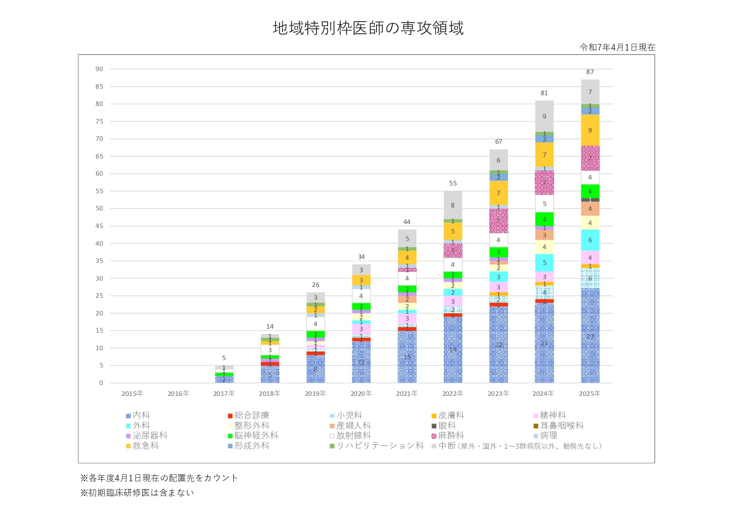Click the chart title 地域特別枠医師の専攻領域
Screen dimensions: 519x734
coord(368,28)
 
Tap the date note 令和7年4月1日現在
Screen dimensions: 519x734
coord(617,48)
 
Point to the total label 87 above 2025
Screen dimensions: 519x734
coord(590,72)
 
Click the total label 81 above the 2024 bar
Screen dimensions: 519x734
coord(544,93)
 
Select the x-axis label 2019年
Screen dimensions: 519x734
coord(315,393)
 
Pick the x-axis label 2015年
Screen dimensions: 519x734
coord(132,393)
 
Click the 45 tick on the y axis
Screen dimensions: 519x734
coord(100,226)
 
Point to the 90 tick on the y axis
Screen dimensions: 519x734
coord(100,69)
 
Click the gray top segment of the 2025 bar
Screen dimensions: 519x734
coord(590,92)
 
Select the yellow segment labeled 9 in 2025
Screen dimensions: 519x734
coord(590,130)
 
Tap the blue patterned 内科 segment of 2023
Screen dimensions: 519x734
coord(498,344)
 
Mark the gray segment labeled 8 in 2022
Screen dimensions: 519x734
coord(453,205)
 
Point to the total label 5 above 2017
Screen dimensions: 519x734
coord(224,358)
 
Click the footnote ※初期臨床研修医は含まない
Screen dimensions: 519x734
coord(137,493)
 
